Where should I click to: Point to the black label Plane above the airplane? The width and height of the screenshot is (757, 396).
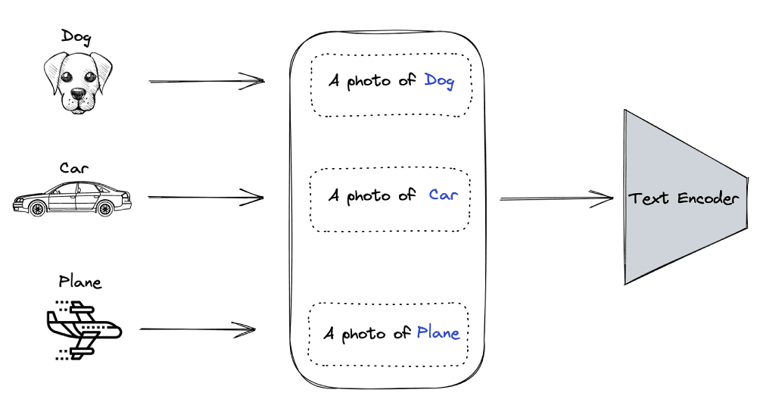80,282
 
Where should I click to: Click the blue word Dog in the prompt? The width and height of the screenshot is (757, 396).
439,80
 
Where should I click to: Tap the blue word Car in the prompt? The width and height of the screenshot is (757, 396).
444,195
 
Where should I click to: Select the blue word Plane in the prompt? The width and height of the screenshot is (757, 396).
438,332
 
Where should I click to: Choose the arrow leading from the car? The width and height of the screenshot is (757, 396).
206,198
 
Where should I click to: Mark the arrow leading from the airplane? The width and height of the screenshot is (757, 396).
198,329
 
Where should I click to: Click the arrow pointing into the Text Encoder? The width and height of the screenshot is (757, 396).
556,199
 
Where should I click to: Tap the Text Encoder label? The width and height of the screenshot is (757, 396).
683,199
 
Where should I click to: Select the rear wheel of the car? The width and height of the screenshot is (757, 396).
105,207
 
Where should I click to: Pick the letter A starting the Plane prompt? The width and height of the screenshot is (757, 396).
329,333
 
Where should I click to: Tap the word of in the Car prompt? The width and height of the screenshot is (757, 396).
407,195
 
